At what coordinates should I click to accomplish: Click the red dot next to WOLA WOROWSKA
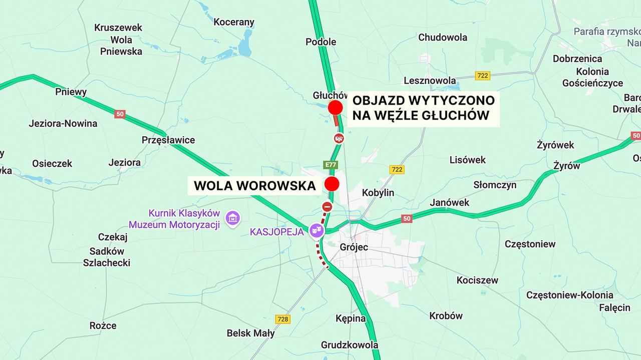coord(332,184)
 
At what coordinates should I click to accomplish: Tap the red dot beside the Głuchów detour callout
coord(335,108)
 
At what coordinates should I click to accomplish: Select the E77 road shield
coord(331,164)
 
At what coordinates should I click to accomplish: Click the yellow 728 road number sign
coord(283,319)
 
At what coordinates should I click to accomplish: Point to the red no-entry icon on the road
coord(327,206)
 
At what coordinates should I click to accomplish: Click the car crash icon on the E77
coord(339,138)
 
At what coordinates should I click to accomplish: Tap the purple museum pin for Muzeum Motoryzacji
coord(233,218)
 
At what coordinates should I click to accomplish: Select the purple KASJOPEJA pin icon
coord(316,230)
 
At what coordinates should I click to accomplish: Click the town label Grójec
coord(354,247)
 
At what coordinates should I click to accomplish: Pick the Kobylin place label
coord(378,193)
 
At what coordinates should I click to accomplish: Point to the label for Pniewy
coord(71,92)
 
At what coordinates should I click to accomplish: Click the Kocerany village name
coord(234,22)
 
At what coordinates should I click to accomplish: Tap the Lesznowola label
coord(430,81)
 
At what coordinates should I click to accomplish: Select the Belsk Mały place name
coord(250,333)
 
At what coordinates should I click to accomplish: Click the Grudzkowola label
coord(350,345)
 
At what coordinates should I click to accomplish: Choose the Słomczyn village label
coord(495,185)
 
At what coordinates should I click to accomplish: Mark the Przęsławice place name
coord(168,140)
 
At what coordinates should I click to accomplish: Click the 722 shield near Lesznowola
coord(483,76)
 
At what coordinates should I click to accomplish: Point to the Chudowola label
coord(443,37)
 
